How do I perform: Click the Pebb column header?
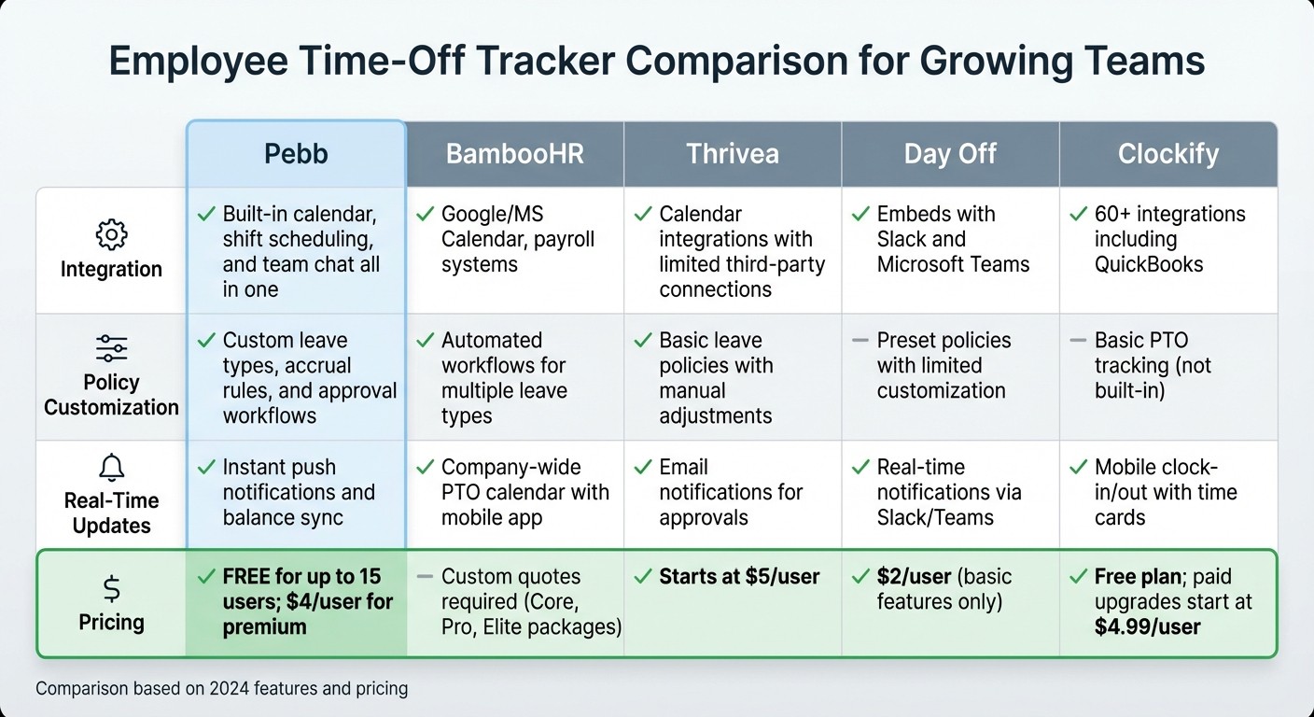(295, 153)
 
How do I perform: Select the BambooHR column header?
(514, 153)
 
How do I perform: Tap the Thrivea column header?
(733, 153)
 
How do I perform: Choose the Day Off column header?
(950, 153)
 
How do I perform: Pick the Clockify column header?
(1168, 153)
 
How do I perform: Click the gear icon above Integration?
(111, 235)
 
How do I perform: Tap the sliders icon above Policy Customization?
(111, 349)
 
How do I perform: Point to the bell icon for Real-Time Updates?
(111, 468)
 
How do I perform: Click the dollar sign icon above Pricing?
(111, 588)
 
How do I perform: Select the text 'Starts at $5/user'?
(739, 577)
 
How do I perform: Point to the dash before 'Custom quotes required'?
(425, 577)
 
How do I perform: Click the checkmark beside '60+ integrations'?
(1078, 214)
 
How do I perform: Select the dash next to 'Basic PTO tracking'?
(1078, 340)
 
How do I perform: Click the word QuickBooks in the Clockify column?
(1149, 264)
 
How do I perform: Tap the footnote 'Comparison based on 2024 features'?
(222, 689)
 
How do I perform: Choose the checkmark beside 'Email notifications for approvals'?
(642, 467)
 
